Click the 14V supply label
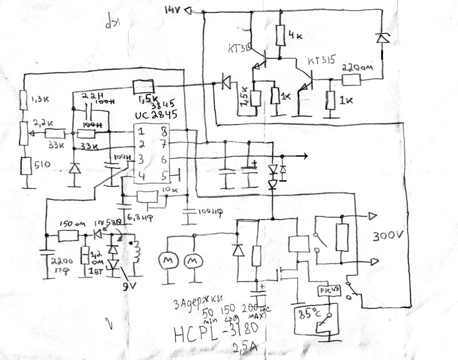[172, 9]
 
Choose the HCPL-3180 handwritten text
[216, 331]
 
